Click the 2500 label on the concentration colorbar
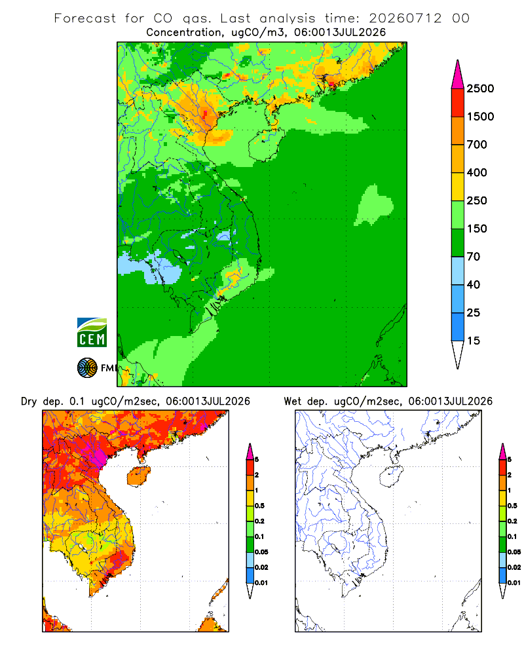[x=480, y=88]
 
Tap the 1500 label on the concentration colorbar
[x=480, y=117]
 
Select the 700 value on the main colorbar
[x=477, y=145]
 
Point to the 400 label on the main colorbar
[x=477, y=172]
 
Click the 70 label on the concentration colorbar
[x=474, y=257]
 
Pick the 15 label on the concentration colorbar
[x=474, y=341]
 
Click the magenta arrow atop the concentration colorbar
[x=458, y=74]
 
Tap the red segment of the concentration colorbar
[x=458, y=103]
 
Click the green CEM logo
[x=92, y=333]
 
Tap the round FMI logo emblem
[x=87, y=368]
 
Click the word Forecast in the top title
[x=85, y=18]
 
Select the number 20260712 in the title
[x=405, y=18]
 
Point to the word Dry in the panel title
[x=29, y=402]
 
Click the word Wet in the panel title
[x=293, y=402]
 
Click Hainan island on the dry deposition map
[x=139, y=476]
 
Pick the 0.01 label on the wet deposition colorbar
[x=514, y=583]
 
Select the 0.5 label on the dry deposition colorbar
[x=259, y=506]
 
